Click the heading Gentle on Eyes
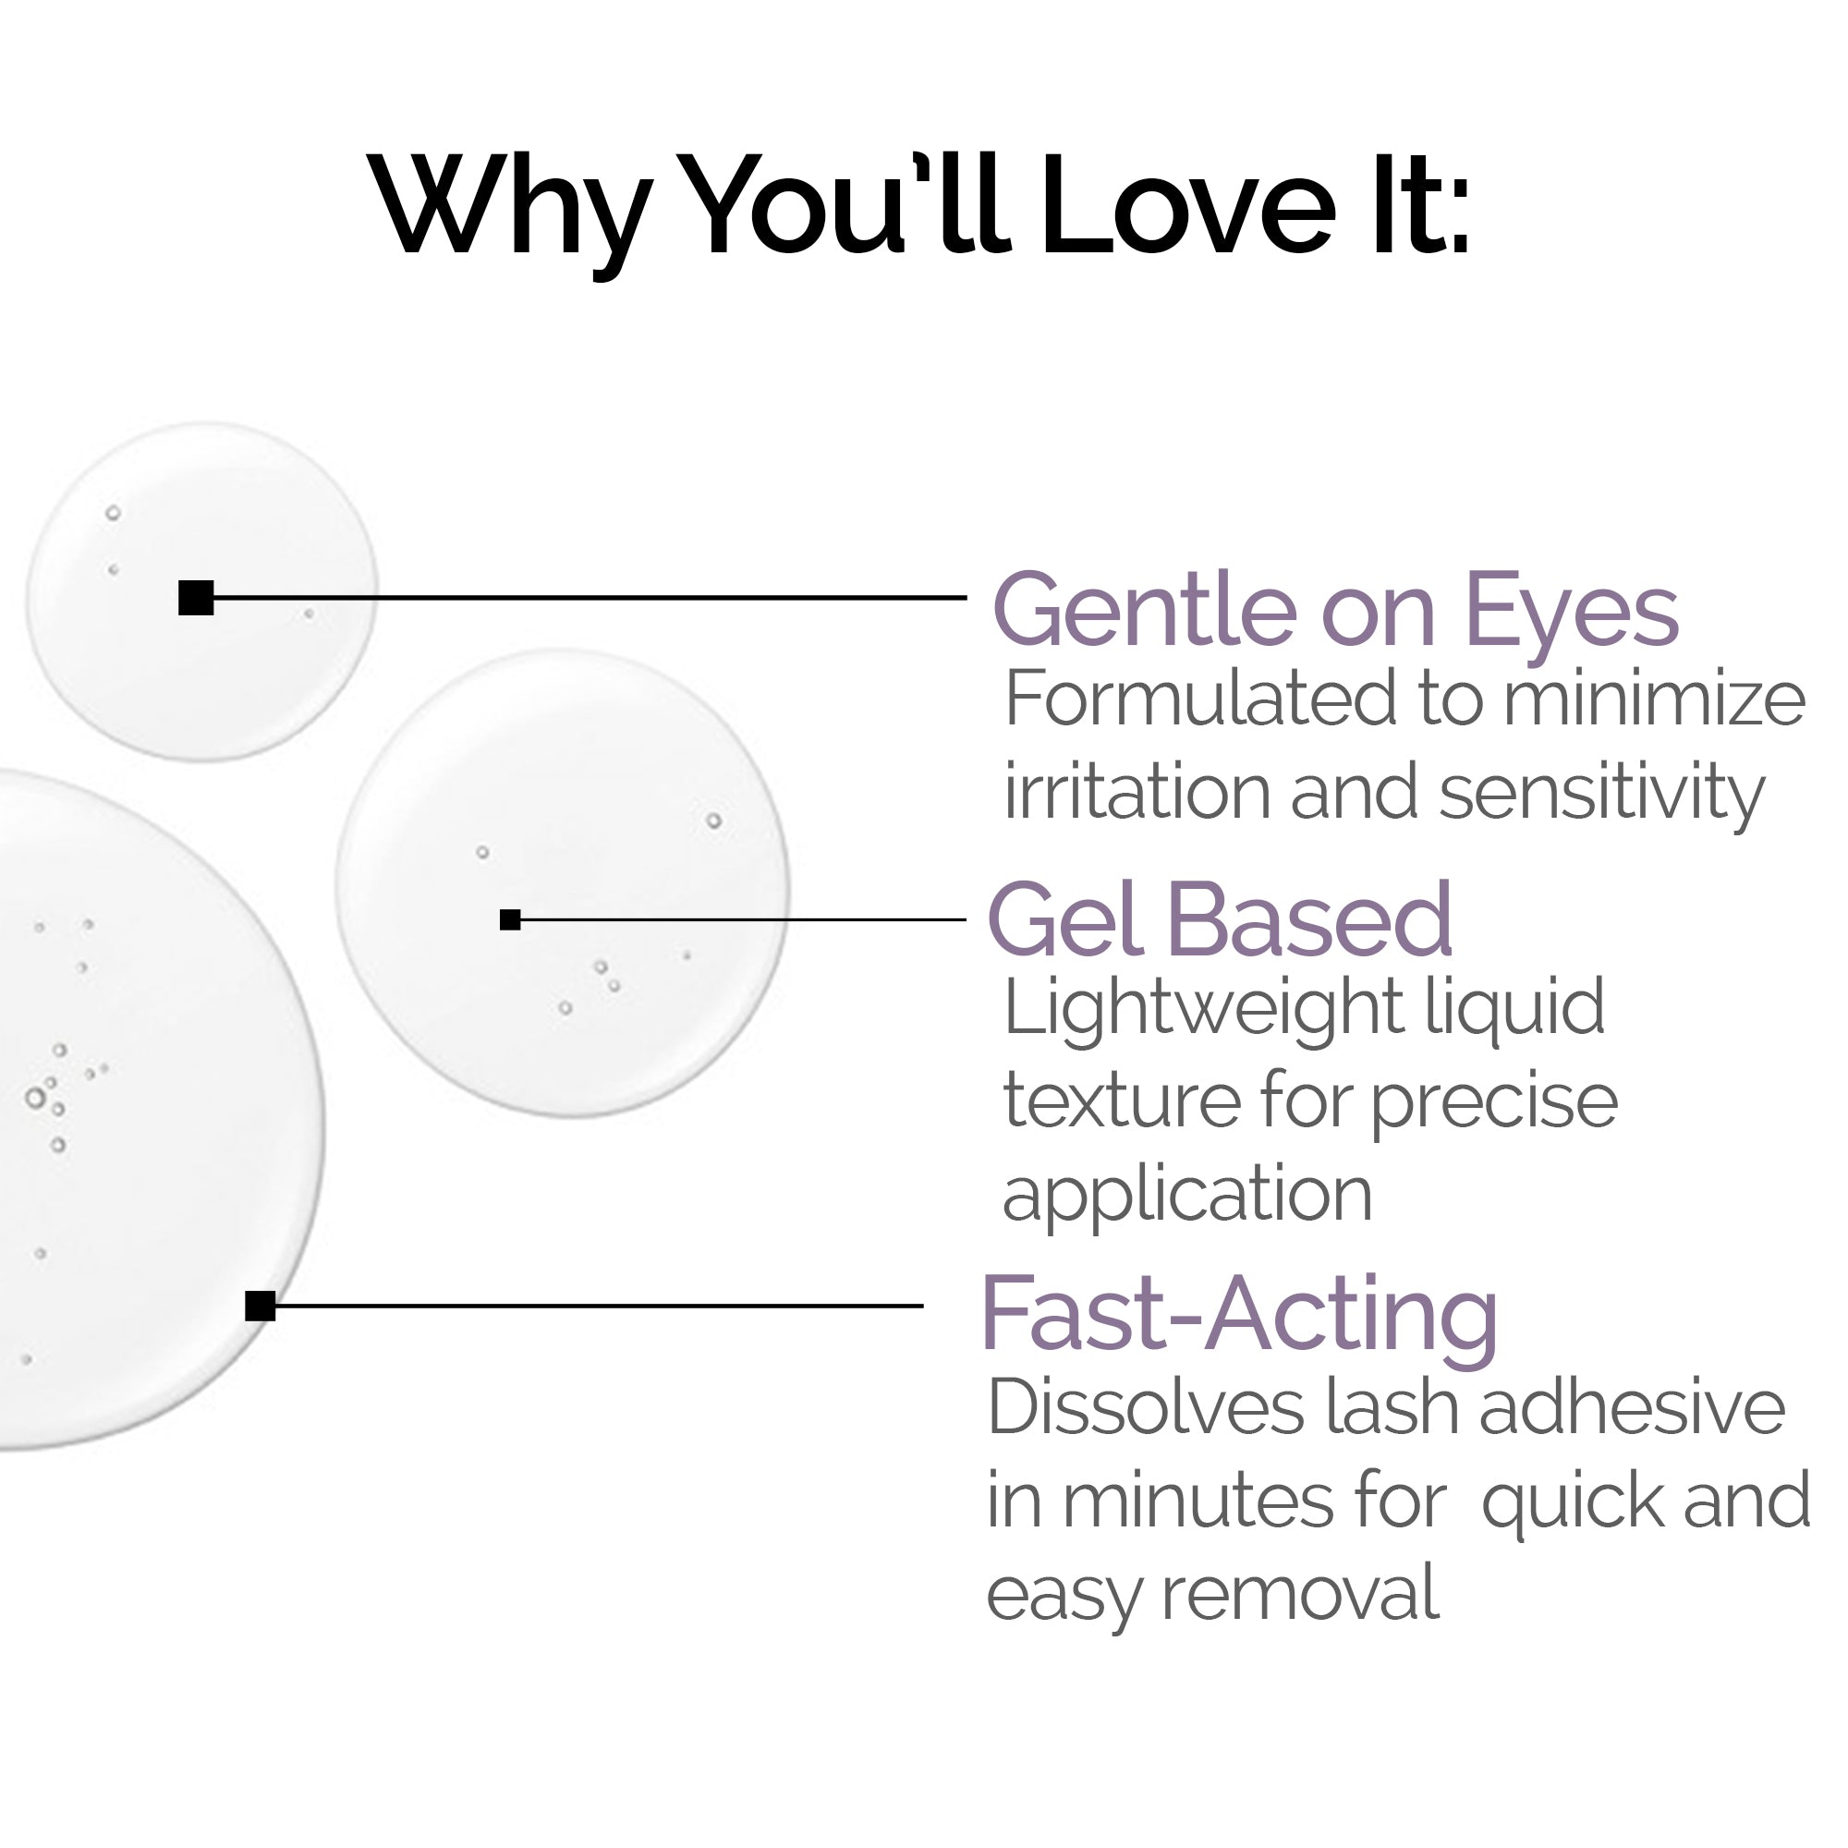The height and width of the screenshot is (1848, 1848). click(x=1335, y=610)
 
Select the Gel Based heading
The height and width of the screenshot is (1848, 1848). click(x=1220, y=920)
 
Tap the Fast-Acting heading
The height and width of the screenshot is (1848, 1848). click(x=1240, y=1314)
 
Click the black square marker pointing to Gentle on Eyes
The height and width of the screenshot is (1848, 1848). click(x=196, y=598)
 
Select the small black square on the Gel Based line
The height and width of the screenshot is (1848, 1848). click(x=510, y=920)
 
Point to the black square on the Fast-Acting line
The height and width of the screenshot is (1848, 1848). click(x=261, y=1306)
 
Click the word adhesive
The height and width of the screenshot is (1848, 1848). click(x=1632, y=1408)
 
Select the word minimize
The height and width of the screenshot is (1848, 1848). click(x=1654, y=699)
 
